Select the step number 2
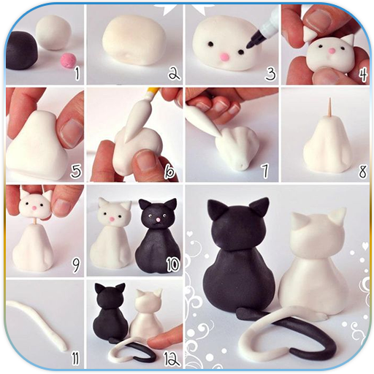pyautogui.click(x=173, y=73)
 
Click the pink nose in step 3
pyautogui.click(x=224, y=57)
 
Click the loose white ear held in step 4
pyautogui.click(x=310, y=33)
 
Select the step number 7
pyautogui.click(x=265, y=171)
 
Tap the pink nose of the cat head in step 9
pyautogui.click(x=34, y=207)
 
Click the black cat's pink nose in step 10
pyautogui.click(x=158, y=220)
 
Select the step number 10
pyautogui.click(x=172, y=264)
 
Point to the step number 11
pyautogui.click(x=75, y=359)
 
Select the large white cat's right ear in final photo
pyautogui.click(x=338, y=217)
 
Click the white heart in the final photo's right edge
pyautogui.click(x=365, y=246)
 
